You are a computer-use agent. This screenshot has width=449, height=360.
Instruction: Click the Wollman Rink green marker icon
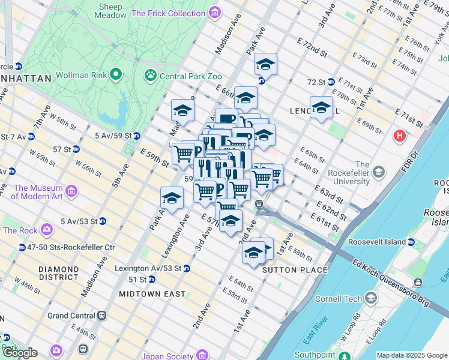click(116, 76)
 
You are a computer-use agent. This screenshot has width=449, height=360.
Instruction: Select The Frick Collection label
click(168, 13)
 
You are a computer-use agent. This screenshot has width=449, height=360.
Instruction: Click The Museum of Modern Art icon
click(71, 191)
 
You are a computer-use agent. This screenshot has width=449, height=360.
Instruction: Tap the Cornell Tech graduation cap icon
click(372, 298)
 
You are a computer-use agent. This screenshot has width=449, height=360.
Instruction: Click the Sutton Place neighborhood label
click(295, 270)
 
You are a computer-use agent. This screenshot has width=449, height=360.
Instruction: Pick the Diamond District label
click(58, 274)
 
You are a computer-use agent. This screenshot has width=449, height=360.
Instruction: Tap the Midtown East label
click(152, 294)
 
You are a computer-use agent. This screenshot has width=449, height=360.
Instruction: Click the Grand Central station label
click(71, 316)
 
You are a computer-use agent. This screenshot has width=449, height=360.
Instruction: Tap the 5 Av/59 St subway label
click(114, 136)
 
